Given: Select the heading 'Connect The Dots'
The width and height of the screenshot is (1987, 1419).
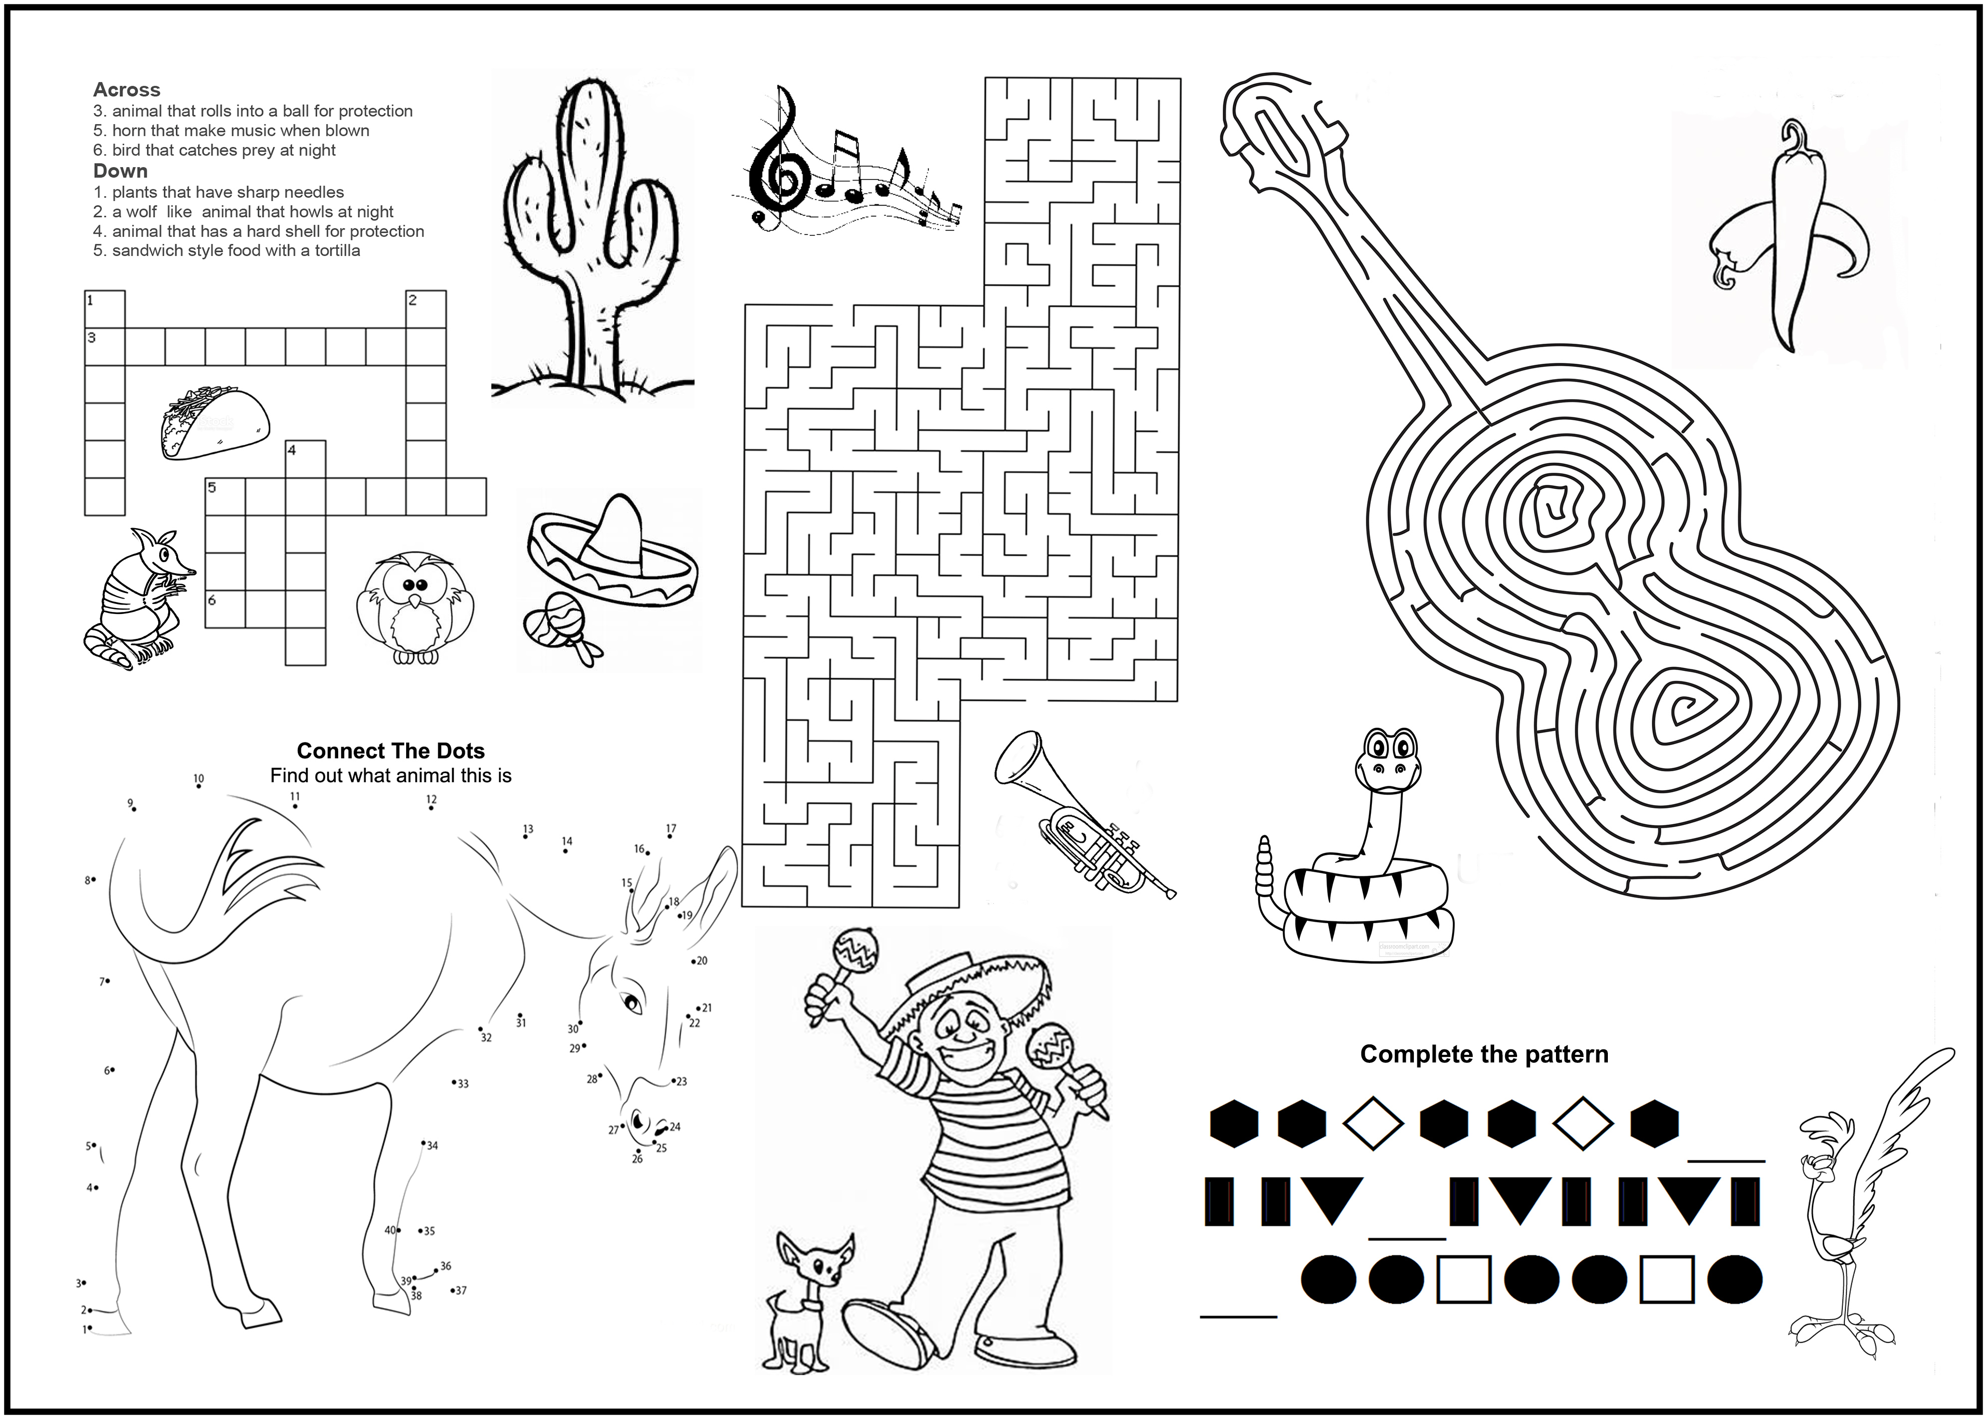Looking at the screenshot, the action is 391,751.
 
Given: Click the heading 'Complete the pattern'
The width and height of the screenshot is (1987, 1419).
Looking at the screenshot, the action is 1484,1054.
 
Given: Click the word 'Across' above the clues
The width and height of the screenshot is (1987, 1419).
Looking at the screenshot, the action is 127,89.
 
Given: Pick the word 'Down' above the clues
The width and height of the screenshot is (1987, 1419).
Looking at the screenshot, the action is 121,171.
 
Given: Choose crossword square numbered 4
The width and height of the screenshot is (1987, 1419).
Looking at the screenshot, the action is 306,459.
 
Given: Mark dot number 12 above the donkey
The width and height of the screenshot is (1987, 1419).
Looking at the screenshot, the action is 432,808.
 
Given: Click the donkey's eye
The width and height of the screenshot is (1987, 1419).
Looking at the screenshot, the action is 632,1003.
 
